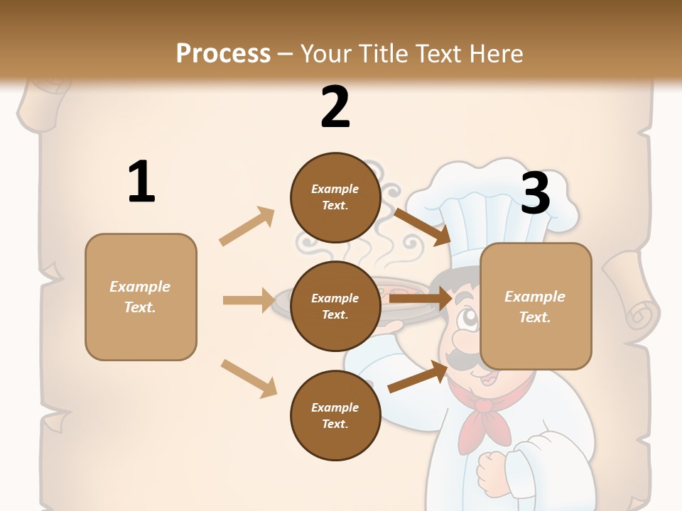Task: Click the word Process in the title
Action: [x=223, y=53]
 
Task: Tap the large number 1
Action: [x=141, y=182]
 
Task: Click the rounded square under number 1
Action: [x=141, y=297]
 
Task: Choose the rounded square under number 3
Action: [x=536, y=307]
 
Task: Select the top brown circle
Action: [x=335, y=197]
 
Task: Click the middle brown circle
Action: [x=335, y=307]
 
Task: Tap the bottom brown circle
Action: [x=335, y=416]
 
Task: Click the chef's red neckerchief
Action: [x=485, y=419]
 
